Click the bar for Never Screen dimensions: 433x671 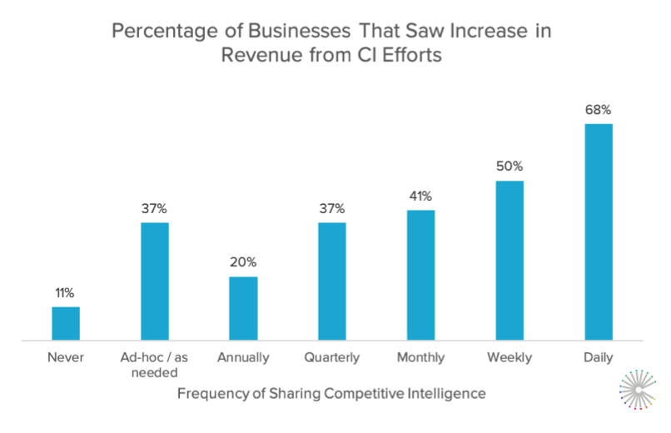[x=66, y=324]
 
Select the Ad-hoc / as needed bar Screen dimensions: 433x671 [x=155, y=281]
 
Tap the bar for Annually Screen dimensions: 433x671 [x=243, y=309]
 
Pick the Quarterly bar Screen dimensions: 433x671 [x=332, y=281]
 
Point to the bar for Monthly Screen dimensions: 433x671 [x=421, y=276]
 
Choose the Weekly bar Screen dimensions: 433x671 [x=509, y=261]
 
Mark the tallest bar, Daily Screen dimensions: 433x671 [x=599, y=232]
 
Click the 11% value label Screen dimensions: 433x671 [x=66, y=293]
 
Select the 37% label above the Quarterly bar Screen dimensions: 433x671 [x=332, y=208]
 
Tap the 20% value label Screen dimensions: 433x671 [x=243, y=263]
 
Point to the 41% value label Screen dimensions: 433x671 [x=421, y=197]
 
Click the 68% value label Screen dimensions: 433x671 [x=599, y=110]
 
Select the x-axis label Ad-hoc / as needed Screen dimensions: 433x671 [x=155, y=365]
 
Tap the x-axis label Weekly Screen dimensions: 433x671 [x=509, y=358]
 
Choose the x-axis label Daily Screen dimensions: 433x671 [x=599, y=358]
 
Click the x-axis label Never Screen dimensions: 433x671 [x=66, y=358]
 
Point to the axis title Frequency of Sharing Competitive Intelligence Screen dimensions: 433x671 [x=331, y=391]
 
